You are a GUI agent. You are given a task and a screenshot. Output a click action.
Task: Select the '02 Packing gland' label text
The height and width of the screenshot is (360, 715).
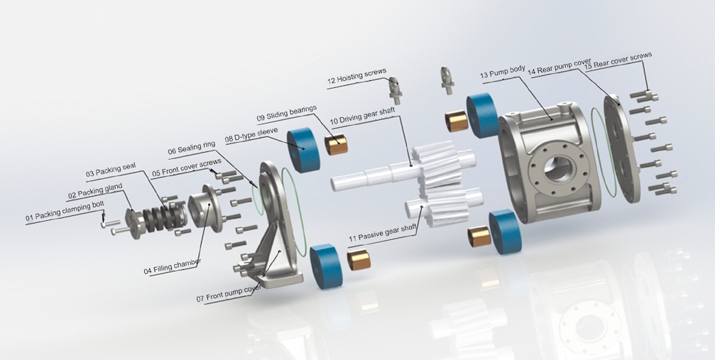95,191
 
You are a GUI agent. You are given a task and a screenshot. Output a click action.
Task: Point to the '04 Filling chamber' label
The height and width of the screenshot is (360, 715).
173,266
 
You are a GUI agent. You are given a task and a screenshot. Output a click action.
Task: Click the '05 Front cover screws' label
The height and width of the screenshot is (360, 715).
187,167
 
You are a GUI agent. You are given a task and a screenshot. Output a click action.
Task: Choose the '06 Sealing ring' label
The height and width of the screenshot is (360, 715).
192,148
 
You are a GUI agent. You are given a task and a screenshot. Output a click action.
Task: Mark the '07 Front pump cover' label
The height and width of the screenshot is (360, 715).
229,293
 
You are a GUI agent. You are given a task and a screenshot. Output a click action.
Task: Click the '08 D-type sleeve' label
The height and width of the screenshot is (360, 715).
251,135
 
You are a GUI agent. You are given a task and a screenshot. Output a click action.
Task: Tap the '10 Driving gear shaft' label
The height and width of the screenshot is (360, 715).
362,116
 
